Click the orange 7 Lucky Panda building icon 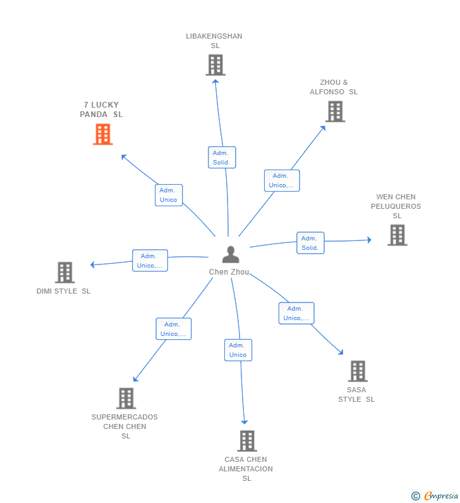click(x=103, y=134)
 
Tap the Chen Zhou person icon click(x=231, y=254)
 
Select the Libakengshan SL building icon click(x=215, y=65)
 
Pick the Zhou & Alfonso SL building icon click(x=336, y=111)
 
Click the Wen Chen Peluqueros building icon click(x=397, y=235)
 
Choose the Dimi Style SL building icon click(x=65, y=273)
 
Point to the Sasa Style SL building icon click(x=358, y=371)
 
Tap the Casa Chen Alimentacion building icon click(x=247, y=441)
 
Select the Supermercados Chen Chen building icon click(x=126, y=399)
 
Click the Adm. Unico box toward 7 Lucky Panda click(x=169, y=195)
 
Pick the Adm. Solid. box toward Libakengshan click(x=222, y=158)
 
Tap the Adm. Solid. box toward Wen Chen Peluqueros click(x=310, y=243)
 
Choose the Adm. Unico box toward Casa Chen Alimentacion click(x=238, y=350)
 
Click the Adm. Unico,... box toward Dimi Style click(x=150, y=261)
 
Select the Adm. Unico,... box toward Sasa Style click(x=296, y=313)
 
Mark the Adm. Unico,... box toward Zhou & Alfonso click(x=282, y=180)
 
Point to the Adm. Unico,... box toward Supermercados click(x=174, y=329)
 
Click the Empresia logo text click(x=441, y=495)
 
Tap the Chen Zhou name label click(x=229, y=272)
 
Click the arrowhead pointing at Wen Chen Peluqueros click(x=370, y=240)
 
